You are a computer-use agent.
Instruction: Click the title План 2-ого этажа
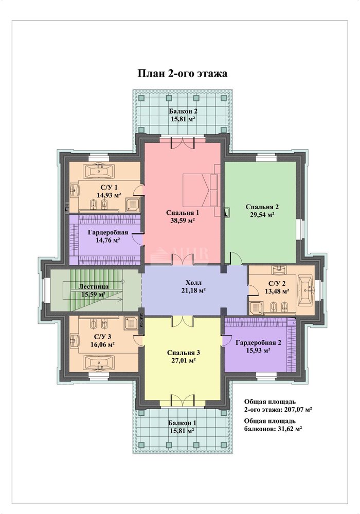(182, 73)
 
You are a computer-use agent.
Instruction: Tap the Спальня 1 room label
(183, 213)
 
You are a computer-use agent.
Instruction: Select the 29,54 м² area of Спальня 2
(262, 215)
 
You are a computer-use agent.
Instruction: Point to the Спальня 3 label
(184, 353)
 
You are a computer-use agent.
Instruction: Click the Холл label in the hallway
(193, 282)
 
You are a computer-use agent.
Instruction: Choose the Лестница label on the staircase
(93, 286)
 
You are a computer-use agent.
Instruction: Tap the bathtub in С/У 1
(99, 170)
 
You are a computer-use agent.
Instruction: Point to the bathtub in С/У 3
(99, 362)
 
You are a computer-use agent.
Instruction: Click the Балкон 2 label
(183, 111)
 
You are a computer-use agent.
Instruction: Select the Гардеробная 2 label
(258, 343)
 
